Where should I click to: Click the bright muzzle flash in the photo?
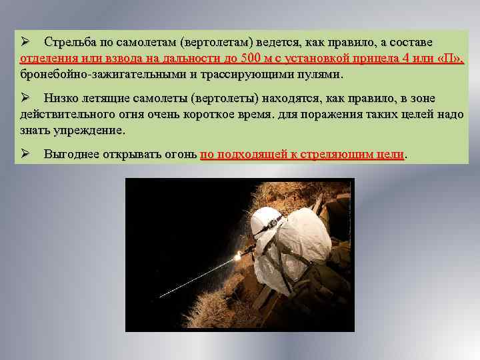coord(237,256)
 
